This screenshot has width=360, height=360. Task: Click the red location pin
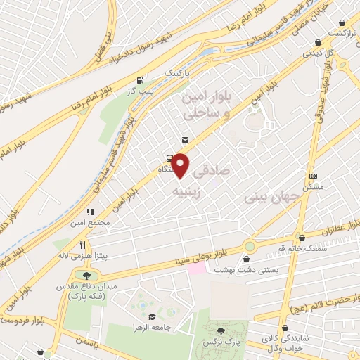pos(181,165)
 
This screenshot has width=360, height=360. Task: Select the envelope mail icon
pos(185,139)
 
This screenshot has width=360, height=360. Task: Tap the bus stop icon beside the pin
pos(169,157)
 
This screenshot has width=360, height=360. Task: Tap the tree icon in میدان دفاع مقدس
pos(86,276)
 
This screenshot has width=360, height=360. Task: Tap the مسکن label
pos(312,188)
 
